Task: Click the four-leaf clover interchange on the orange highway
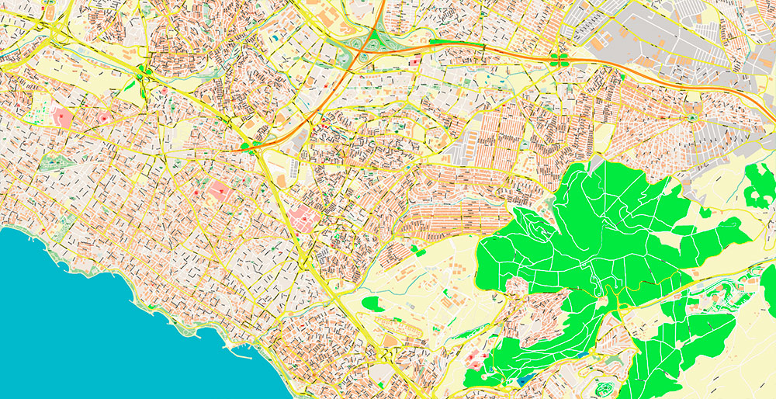(556, 57)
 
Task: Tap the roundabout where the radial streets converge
(691, 118)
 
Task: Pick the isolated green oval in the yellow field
(372, 303)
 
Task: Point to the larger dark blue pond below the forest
(528, 379)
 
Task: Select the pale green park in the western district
(53, 163)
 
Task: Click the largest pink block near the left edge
(62, 118)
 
